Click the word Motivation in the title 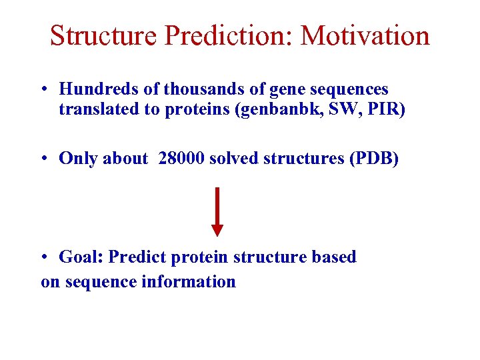click(365, 35)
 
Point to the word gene click(267, 89)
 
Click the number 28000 click(181, 158)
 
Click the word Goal click(81, 257)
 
